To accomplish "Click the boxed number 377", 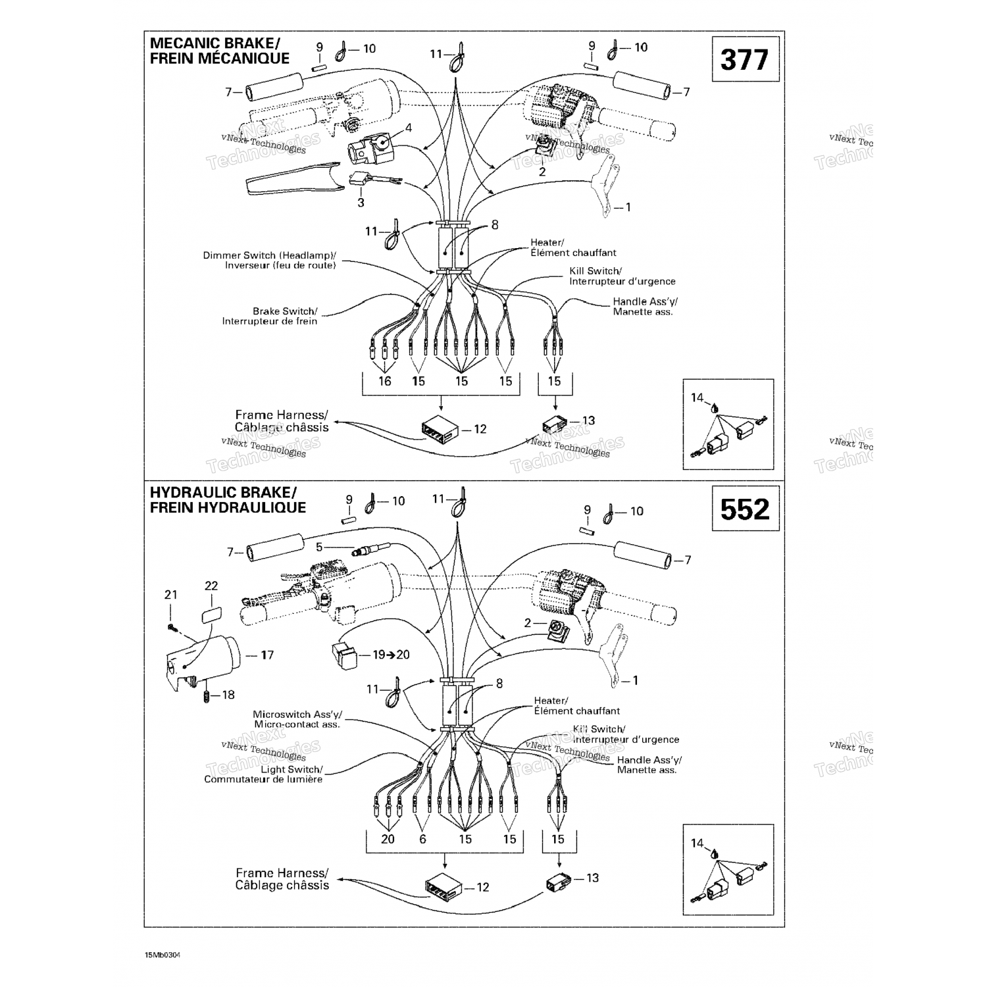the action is [x=745, y=60].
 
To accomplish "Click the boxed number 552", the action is [x=745, y=509].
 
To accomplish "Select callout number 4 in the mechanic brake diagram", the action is [x=409, y=128].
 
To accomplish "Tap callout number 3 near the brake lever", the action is [x=361, y=203].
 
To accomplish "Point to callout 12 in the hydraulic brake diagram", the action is [x=483, y=887].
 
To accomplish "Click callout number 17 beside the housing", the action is [x=266, y=655].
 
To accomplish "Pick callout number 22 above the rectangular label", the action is [x=211, y=586].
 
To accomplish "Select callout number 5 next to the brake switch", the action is [x=319, y=547].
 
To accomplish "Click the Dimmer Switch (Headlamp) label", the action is [x=270, y=260].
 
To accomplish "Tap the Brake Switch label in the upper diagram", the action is [x=270, y=316].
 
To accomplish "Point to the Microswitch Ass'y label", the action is [x=297, y=719].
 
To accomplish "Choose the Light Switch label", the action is [x=264, y=774].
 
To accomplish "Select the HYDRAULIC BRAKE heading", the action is [x=228, y=499].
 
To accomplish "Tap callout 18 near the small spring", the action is [x=228, y=695].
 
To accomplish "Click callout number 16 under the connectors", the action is [x=385, y=381].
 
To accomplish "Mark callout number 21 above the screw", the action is [x=171, y=595].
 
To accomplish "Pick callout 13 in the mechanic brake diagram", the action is [x=588, y=420].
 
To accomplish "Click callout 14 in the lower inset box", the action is [x=697, y=843].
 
